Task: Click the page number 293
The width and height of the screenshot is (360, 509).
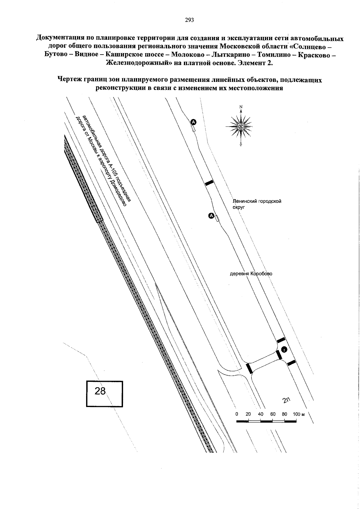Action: tap(189, 20)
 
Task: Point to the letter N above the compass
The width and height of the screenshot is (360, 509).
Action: tap(241, 107)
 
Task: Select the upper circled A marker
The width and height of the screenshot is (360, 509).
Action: tap(193, 122)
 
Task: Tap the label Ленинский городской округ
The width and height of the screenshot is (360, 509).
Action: tap(257, 204)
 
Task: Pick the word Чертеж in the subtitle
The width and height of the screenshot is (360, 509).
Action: tap(69, 80)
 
